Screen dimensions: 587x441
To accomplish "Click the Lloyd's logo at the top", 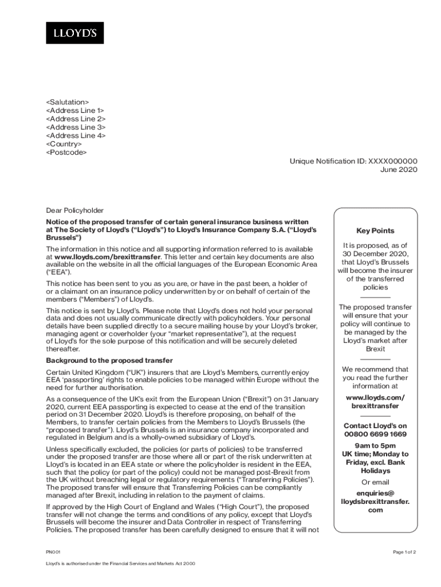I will tap(74, 33).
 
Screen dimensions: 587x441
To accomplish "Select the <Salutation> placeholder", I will tap(68, 102).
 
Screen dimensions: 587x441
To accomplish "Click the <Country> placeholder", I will tap(64, 144).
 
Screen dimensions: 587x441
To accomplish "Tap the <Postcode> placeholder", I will tap(66, 152).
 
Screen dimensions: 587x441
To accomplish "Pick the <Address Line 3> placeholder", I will tap(76, 127).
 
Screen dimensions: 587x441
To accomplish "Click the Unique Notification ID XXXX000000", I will tap(353, 161).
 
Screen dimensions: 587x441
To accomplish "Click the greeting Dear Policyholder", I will tap(75, 210).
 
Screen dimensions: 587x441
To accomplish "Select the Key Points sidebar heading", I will tap(375, 230).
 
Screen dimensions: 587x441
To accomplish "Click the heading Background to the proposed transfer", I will tap(109, 361).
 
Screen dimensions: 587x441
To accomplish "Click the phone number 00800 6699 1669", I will tap(375, 434).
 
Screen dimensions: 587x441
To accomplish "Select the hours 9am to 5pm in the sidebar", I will tap(375, 445).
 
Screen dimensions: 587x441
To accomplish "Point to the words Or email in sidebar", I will tap(375, 482).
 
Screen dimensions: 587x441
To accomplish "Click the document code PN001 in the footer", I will tap(53, 552).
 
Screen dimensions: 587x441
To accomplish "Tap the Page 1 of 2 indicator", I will tap(404, 552).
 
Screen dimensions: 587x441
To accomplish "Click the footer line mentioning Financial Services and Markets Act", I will tap(121, 564).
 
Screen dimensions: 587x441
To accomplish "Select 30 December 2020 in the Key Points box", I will tap(375, 254).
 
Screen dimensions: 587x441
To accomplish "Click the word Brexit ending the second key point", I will tap(375, 349).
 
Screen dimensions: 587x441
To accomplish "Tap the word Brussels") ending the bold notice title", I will tap(64, 237).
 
